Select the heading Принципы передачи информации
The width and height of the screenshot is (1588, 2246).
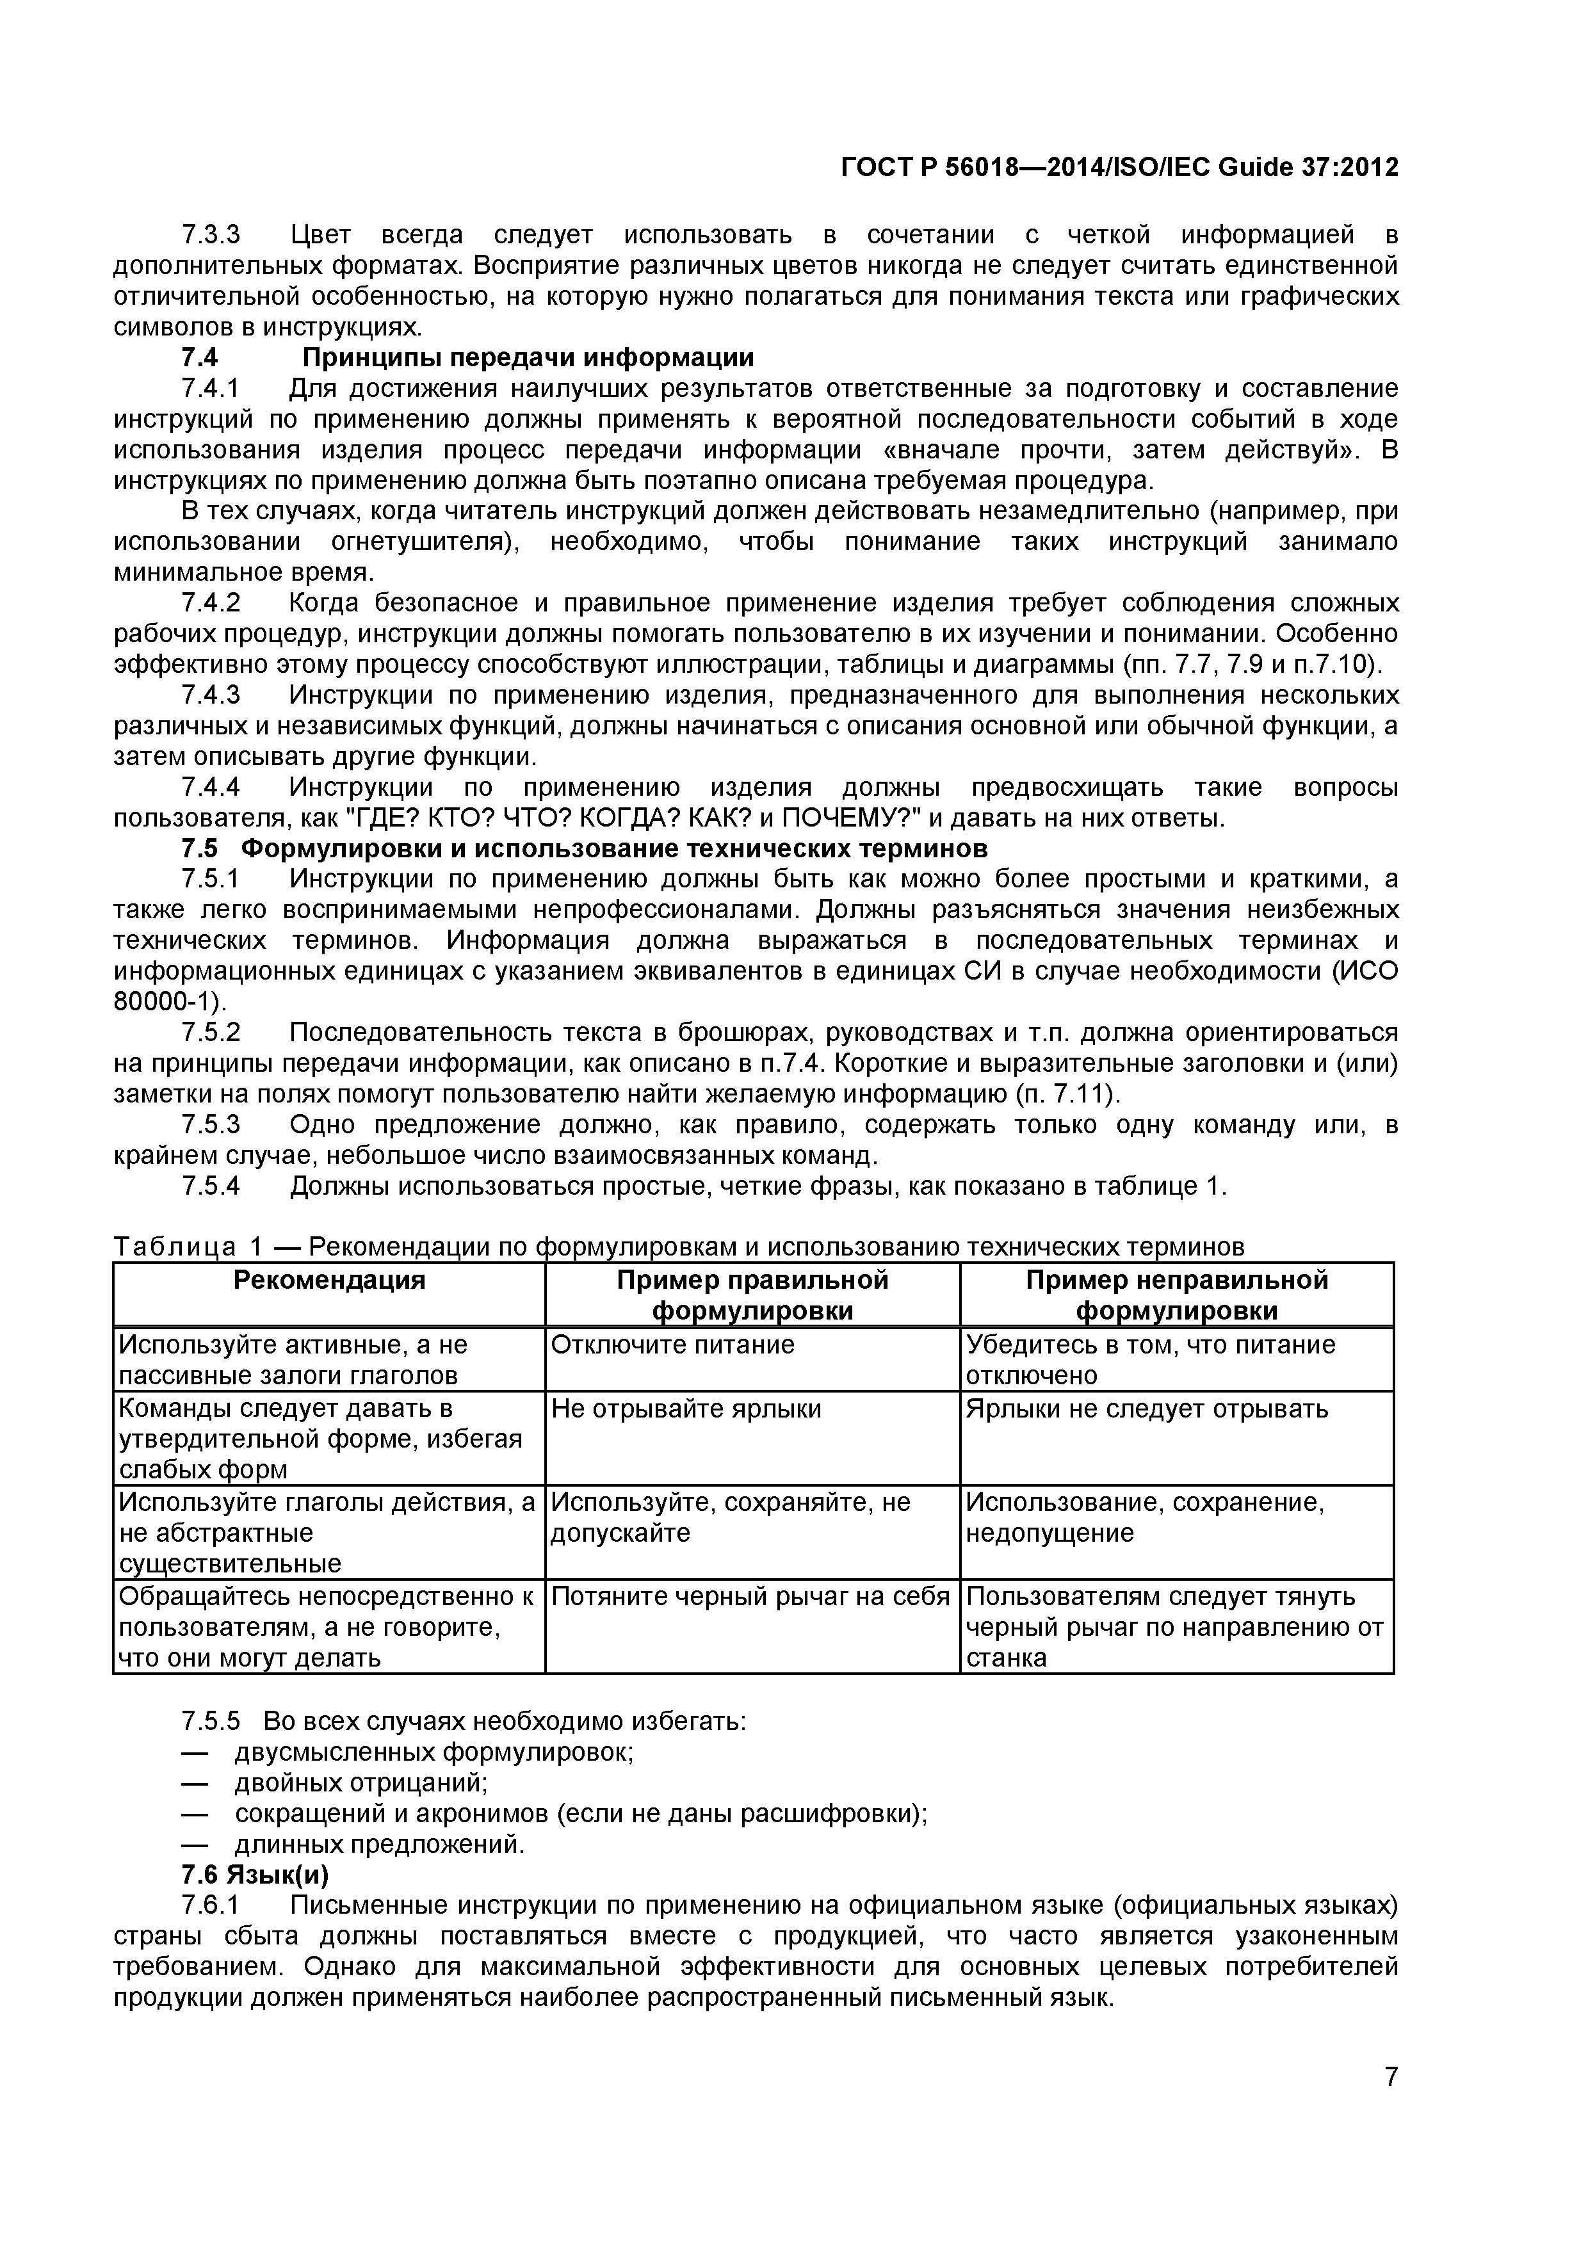(x=528, y=358)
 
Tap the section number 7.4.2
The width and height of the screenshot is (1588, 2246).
(x=211, y=602)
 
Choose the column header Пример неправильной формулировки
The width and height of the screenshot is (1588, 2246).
(x=1176, y=1295)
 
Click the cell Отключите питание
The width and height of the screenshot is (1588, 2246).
(x=672, y=1345)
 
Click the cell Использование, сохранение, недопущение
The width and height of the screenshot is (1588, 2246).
(x=1145, y=1517)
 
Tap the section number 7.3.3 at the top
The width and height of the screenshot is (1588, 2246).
(x=211, y=236)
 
